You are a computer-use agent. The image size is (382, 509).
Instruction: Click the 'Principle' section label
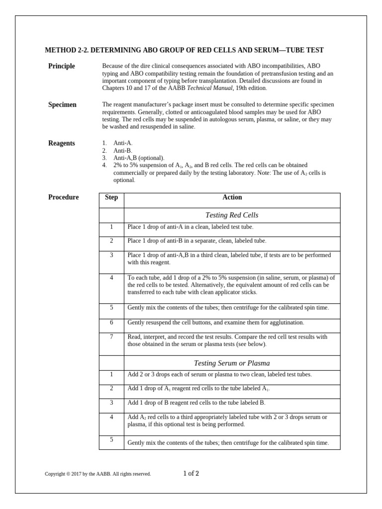click(61, 66)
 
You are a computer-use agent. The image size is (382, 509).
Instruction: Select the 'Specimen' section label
click(62, 105)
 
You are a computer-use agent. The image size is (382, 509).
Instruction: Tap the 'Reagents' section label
click(62, 143)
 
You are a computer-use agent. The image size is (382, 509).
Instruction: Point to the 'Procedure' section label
click(63, 197)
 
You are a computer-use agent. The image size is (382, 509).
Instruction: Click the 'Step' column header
click(111, 197)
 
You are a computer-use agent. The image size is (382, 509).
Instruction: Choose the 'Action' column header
click(232, 197)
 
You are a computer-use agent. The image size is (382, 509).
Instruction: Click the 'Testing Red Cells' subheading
click(232, 215)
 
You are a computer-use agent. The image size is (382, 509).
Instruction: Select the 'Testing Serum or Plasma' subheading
click(232, 363)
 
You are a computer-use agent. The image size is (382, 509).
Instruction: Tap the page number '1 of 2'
click(191, 473)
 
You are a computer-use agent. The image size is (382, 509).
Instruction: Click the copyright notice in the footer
click(97, 474)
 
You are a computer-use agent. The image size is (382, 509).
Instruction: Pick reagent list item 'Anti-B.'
click(123, 151)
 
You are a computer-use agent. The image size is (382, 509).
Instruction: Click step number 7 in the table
click(111, 337)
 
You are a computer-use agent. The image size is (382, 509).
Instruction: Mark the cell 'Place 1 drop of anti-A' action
click(190, 227)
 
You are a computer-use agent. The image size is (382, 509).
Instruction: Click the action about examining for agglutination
click(215, 323)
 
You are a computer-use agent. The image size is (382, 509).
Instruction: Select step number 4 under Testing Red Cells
click(111, 278)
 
